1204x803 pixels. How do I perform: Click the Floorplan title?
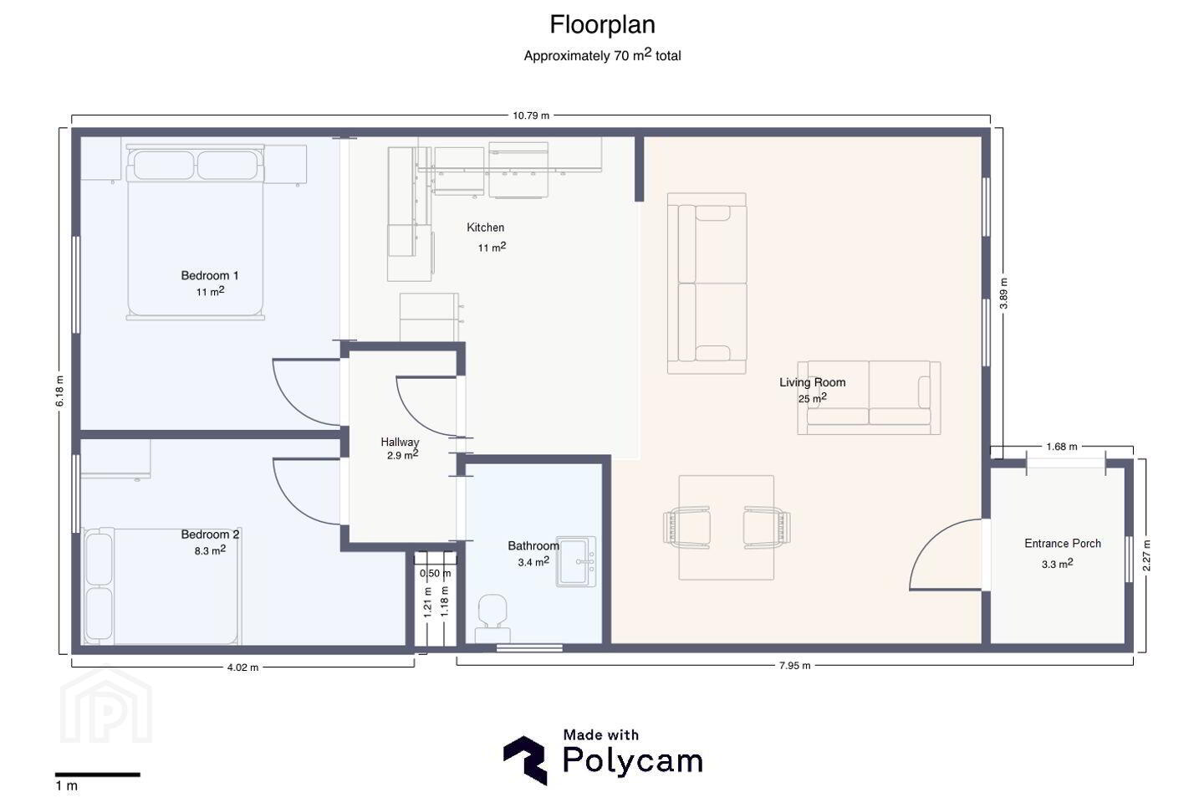click(x=602, y=25)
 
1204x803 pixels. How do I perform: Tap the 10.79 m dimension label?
click(x=530, y=115)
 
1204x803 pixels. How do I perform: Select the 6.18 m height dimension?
click(x=60, y=391)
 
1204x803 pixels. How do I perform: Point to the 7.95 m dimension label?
click(x=794, y=666)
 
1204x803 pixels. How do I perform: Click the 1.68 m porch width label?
click(x=1062, y=447)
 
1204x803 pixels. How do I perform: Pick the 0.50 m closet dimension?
click(x=435, y=573)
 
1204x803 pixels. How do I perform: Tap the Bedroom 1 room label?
click(x=210, y=276)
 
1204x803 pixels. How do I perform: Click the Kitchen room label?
click(x=485, y=228)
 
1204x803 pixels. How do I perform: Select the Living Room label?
click(x=812, y=382)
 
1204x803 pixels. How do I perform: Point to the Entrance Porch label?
click(x=1062, y=543)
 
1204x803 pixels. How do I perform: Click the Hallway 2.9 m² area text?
click(x=403, y=455)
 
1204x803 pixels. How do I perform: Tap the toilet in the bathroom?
click(x=492, y=618)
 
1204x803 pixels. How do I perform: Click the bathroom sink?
click(x=575, y=561)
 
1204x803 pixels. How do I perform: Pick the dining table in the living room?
click(x=726, y=527)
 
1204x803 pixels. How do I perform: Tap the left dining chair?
click(x=686, y=527)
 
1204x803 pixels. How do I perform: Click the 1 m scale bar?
click(x=97, y=775)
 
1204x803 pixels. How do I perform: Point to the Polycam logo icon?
click(x=526, y=760)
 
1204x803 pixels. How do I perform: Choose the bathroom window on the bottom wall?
click(x=529, y=648)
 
